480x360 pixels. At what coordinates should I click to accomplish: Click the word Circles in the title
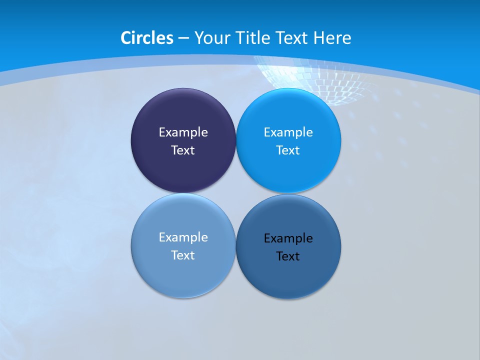tap(147, 38)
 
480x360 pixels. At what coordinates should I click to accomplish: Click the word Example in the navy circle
tap(183, 132)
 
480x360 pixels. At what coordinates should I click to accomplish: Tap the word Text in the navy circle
tap(183, 150)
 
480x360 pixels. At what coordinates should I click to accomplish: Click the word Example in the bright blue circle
tap(288, 132)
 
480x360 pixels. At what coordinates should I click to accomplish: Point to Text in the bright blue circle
tap(288, 150)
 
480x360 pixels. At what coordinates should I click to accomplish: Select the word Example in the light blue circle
tap(183, 237)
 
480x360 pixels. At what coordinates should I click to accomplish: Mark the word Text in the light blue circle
tap(183, 255)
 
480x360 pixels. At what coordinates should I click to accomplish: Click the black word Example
tap(288, 238)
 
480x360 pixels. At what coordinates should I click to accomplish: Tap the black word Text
tap(288, 256)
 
